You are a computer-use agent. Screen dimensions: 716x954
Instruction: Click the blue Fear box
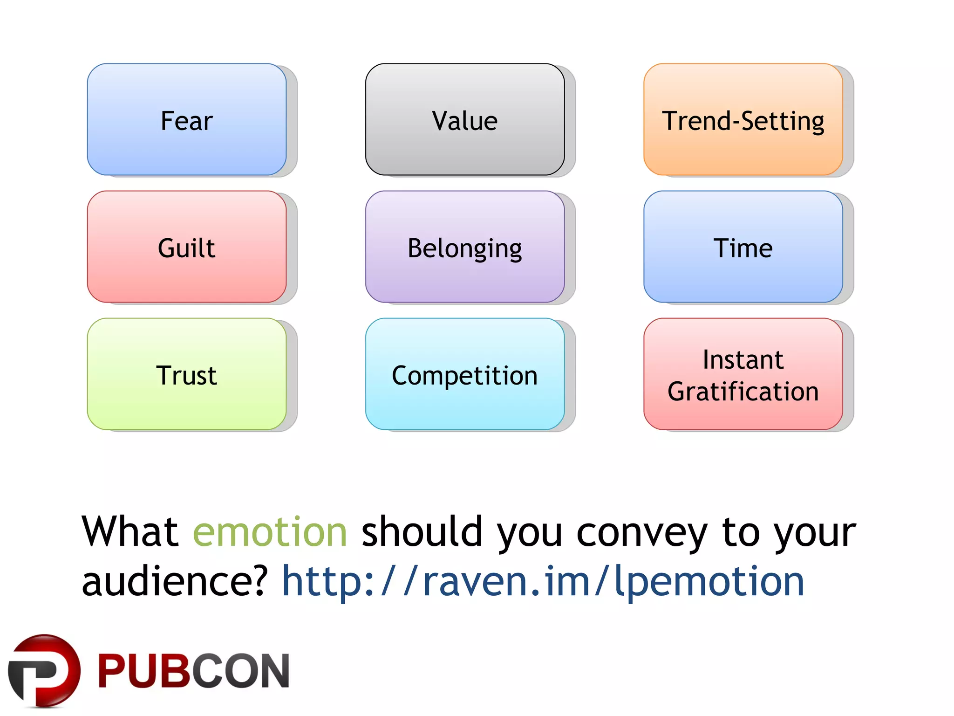pos(186,120)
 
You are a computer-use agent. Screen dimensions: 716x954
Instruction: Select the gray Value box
pos(464,120)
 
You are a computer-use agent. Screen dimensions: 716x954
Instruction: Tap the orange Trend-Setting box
pos(743,120)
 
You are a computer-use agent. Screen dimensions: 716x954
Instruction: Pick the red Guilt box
pos(186,247)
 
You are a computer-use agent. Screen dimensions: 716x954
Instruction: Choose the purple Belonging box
pos(464,247)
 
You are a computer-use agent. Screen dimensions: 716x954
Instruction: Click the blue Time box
pos(743,247)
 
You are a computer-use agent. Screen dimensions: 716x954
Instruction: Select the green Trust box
pos(186,374)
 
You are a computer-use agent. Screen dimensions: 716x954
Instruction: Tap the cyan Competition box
pos(464,374)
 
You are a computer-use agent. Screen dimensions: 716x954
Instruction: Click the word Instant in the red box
pos(743,359)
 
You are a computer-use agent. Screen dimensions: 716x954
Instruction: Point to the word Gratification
pos(743,391)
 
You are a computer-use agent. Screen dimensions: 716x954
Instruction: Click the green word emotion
pos(270,532)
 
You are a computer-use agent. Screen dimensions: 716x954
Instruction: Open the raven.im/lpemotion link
pos(543,581)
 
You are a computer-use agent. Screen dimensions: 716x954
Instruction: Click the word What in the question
pos(130,532)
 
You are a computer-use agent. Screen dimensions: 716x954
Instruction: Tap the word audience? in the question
pos(175,581)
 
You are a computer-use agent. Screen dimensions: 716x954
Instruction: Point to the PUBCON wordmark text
pos(193,671)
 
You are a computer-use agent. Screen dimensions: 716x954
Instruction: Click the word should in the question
pos(422,532)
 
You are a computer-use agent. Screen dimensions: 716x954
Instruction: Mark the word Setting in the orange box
pos(783,121)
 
